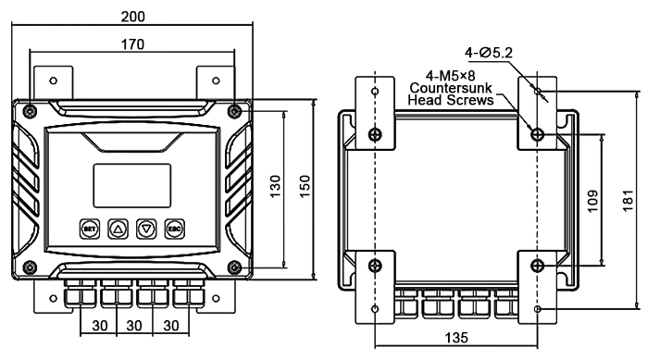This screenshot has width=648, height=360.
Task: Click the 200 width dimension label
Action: [x=135, y=16]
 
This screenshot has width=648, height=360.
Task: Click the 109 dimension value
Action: [x=594, y=199]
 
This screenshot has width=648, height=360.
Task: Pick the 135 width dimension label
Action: [x=455, y=341]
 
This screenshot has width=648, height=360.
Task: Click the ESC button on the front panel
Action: [x=172, y=227]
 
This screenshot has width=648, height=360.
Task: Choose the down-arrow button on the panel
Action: [x=145, y=227]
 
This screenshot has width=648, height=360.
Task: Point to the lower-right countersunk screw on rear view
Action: [x=538, y=267]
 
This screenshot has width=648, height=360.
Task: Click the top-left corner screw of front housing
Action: [x=31, y=111]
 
